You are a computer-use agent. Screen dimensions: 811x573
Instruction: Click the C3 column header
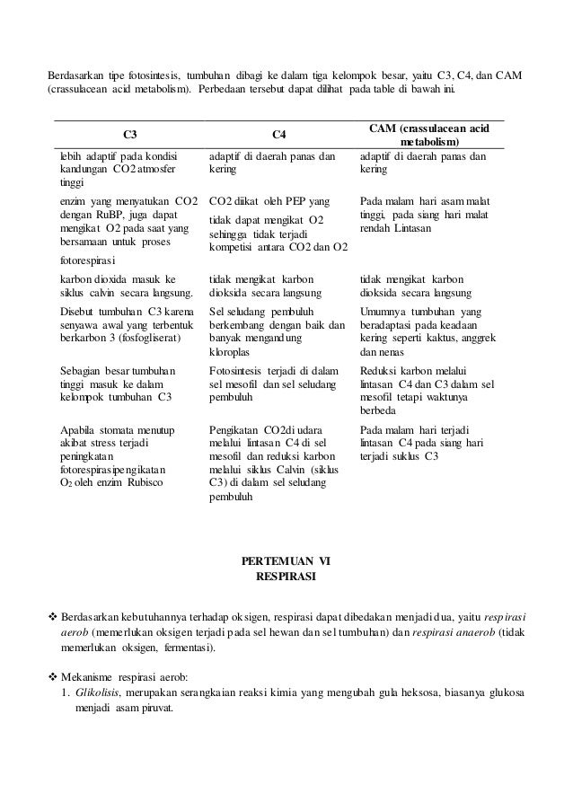point(130,134)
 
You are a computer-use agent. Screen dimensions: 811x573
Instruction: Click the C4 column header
point(279,134)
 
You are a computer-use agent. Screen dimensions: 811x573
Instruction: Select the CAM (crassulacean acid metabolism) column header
point(427,135)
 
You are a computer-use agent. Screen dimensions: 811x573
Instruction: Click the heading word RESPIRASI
point(286,577)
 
